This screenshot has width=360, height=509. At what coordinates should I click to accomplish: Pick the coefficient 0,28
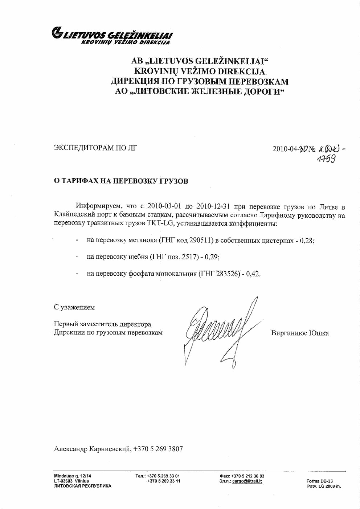click(x=307, y=240)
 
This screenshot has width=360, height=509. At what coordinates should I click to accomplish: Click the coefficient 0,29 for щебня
click(x=212, y=257)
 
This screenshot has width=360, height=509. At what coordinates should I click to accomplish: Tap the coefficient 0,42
click(x=253, y=274)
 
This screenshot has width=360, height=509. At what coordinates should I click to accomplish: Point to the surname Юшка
click(x=319, y=333)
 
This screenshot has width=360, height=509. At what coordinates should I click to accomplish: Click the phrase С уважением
click(x=74, y=307)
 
